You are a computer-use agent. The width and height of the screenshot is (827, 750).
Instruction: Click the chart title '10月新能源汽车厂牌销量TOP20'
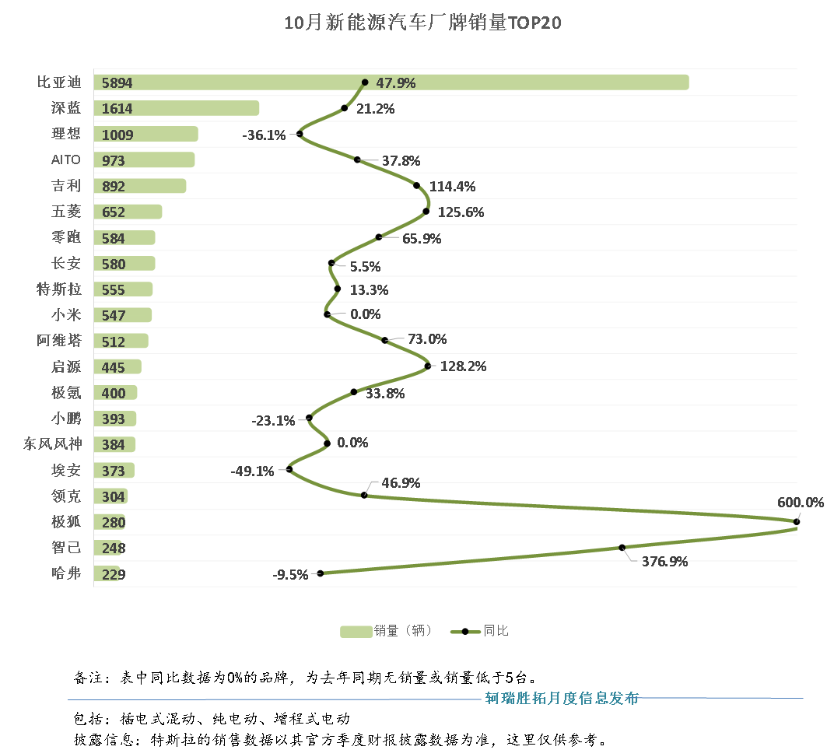(x=422, y=23)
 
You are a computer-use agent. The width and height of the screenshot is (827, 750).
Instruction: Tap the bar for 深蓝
(x=176, y=108)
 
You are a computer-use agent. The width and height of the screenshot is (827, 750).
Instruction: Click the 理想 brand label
(x=65, y=134)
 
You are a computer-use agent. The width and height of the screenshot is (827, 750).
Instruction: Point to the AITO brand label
(x=65, y=159)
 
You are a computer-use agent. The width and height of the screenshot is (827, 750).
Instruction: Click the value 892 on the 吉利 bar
(x=114, y=187)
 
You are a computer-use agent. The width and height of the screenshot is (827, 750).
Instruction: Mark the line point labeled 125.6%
(x=426, y=211)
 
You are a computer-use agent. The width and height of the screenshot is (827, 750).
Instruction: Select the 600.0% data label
(x=800, y=503)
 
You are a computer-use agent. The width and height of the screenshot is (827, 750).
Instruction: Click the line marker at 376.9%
(x=622, y=548)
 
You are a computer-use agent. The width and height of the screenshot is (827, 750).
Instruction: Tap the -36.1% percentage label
(x=264, y=135)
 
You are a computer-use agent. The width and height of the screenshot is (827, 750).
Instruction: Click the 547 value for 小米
(x=114, y=316)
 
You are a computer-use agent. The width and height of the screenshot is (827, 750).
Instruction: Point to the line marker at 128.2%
(x=428, y=366)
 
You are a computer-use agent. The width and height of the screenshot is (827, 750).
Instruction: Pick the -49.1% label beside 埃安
(x=252, y=471)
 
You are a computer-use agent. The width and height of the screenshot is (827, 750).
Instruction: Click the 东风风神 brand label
(x=53, y=444)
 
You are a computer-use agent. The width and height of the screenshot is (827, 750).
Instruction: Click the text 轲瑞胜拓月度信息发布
(x=562, y=698)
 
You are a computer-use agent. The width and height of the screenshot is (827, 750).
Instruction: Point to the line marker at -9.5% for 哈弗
(x=320, y=573)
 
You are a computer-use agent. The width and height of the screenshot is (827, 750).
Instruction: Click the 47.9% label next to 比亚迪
(x=395, y=82)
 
